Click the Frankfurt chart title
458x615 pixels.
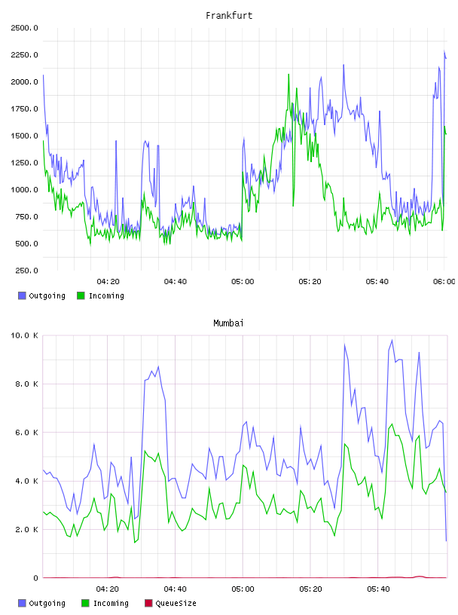click(229, 15)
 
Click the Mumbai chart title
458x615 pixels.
click(228, 323)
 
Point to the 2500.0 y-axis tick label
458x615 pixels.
click(24, 28)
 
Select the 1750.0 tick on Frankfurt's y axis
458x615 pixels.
click(24, 109)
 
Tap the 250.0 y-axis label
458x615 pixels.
click(26, 271)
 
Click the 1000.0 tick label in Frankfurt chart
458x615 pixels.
click(24, 189)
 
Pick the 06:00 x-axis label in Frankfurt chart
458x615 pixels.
click(444, 281)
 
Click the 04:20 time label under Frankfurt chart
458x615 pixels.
click(108, 281)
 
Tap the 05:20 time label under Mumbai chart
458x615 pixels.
click(310, 589)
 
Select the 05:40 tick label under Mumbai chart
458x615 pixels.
click(378, 589)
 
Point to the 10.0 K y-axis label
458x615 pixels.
click(24, 335)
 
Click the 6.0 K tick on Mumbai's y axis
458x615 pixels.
click(26, 432)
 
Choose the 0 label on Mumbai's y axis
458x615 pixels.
click(35, 578)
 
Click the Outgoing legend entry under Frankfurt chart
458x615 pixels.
click(41, 295)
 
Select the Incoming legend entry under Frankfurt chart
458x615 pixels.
click(100, 295)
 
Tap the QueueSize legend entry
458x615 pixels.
click(170, 603)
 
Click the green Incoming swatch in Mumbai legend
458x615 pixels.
click(85, 603)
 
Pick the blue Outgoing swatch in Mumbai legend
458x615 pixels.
click(22, 603)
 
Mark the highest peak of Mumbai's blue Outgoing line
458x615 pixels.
click(392, 340)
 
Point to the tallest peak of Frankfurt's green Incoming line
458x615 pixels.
click(289, 74)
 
